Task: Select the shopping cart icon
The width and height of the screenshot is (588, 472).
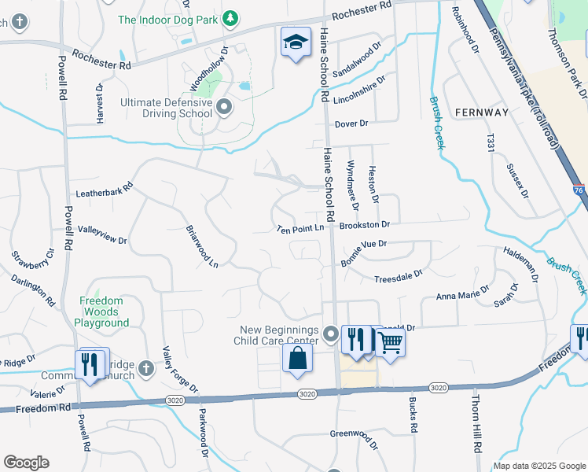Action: (389, 342)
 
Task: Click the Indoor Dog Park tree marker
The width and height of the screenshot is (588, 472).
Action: (230, 17)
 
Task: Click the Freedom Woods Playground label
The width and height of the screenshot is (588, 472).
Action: (102, 312)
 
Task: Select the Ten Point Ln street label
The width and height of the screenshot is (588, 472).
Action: (300, 229)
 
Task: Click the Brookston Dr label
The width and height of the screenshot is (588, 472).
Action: (365, 225)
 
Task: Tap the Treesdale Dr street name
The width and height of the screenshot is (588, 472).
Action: (398, 278)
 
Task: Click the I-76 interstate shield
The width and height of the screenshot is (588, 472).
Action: (579, 190)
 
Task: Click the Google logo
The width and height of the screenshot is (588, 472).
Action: (26, 463)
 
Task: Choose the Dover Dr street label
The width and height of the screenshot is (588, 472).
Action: (351, 124)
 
